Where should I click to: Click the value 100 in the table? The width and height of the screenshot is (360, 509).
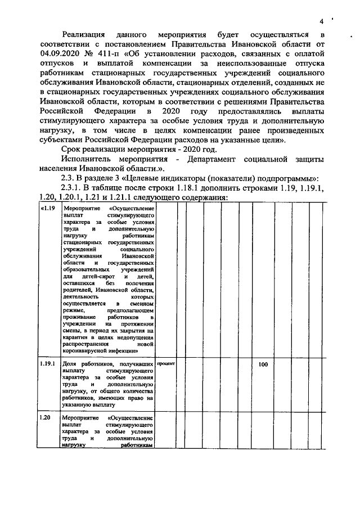tap(263, 364)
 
